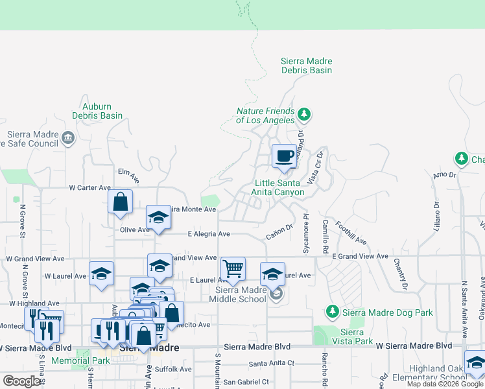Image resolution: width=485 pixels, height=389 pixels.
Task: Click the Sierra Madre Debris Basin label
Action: click(x=306, y=65)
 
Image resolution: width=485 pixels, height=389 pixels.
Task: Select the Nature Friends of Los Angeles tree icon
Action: click(x=303, y=115)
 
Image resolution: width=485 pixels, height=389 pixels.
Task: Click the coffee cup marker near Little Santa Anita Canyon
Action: click(x=283, y=156)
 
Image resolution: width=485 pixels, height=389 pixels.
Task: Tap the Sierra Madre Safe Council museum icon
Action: click(x=69, y=137)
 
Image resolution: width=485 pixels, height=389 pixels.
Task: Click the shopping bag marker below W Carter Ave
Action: click(x=120, y=202)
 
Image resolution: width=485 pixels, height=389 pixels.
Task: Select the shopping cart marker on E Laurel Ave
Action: click(x=233, y=268)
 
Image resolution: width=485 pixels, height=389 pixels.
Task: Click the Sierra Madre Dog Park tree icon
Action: click(x=333, y=312)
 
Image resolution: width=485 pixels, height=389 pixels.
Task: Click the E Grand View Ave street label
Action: click(x=361, y=257)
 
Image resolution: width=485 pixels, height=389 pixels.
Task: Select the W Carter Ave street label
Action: click(x=90, y=188)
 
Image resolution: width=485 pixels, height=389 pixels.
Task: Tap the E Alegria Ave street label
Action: click(x=209, y=234)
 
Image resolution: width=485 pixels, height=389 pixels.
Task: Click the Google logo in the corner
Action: click(x=22, y=381)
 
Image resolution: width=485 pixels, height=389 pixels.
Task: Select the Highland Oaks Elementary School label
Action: click(x=447, y=373)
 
